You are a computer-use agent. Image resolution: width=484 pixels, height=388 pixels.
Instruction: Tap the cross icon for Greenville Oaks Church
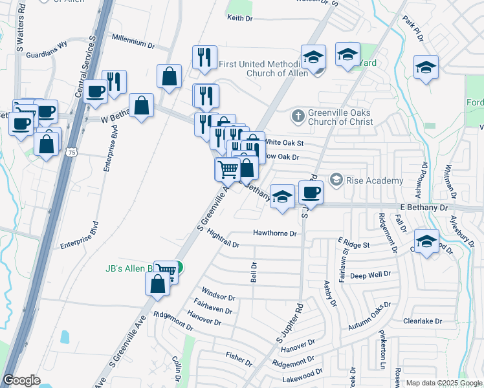(x=297, y=116)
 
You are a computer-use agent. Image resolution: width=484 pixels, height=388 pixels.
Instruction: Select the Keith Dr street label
(x=239, y=18)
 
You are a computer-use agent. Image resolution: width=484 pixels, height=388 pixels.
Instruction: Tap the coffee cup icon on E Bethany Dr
(x=311, y=193)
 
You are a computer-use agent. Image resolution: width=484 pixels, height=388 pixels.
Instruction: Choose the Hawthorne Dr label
(x=274, y=233)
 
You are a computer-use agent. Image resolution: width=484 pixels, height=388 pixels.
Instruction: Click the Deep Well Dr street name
(x=370, y=275)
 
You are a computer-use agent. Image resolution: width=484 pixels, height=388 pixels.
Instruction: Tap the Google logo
(x=22, y=380)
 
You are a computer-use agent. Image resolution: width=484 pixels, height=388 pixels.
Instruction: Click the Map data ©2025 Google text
(x=444, y=383)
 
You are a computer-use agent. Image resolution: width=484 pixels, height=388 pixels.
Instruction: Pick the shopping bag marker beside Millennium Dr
(x=169, y=77)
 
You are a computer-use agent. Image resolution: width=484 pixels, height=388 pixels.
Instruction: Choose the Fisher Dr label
(x=237, y=356)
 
